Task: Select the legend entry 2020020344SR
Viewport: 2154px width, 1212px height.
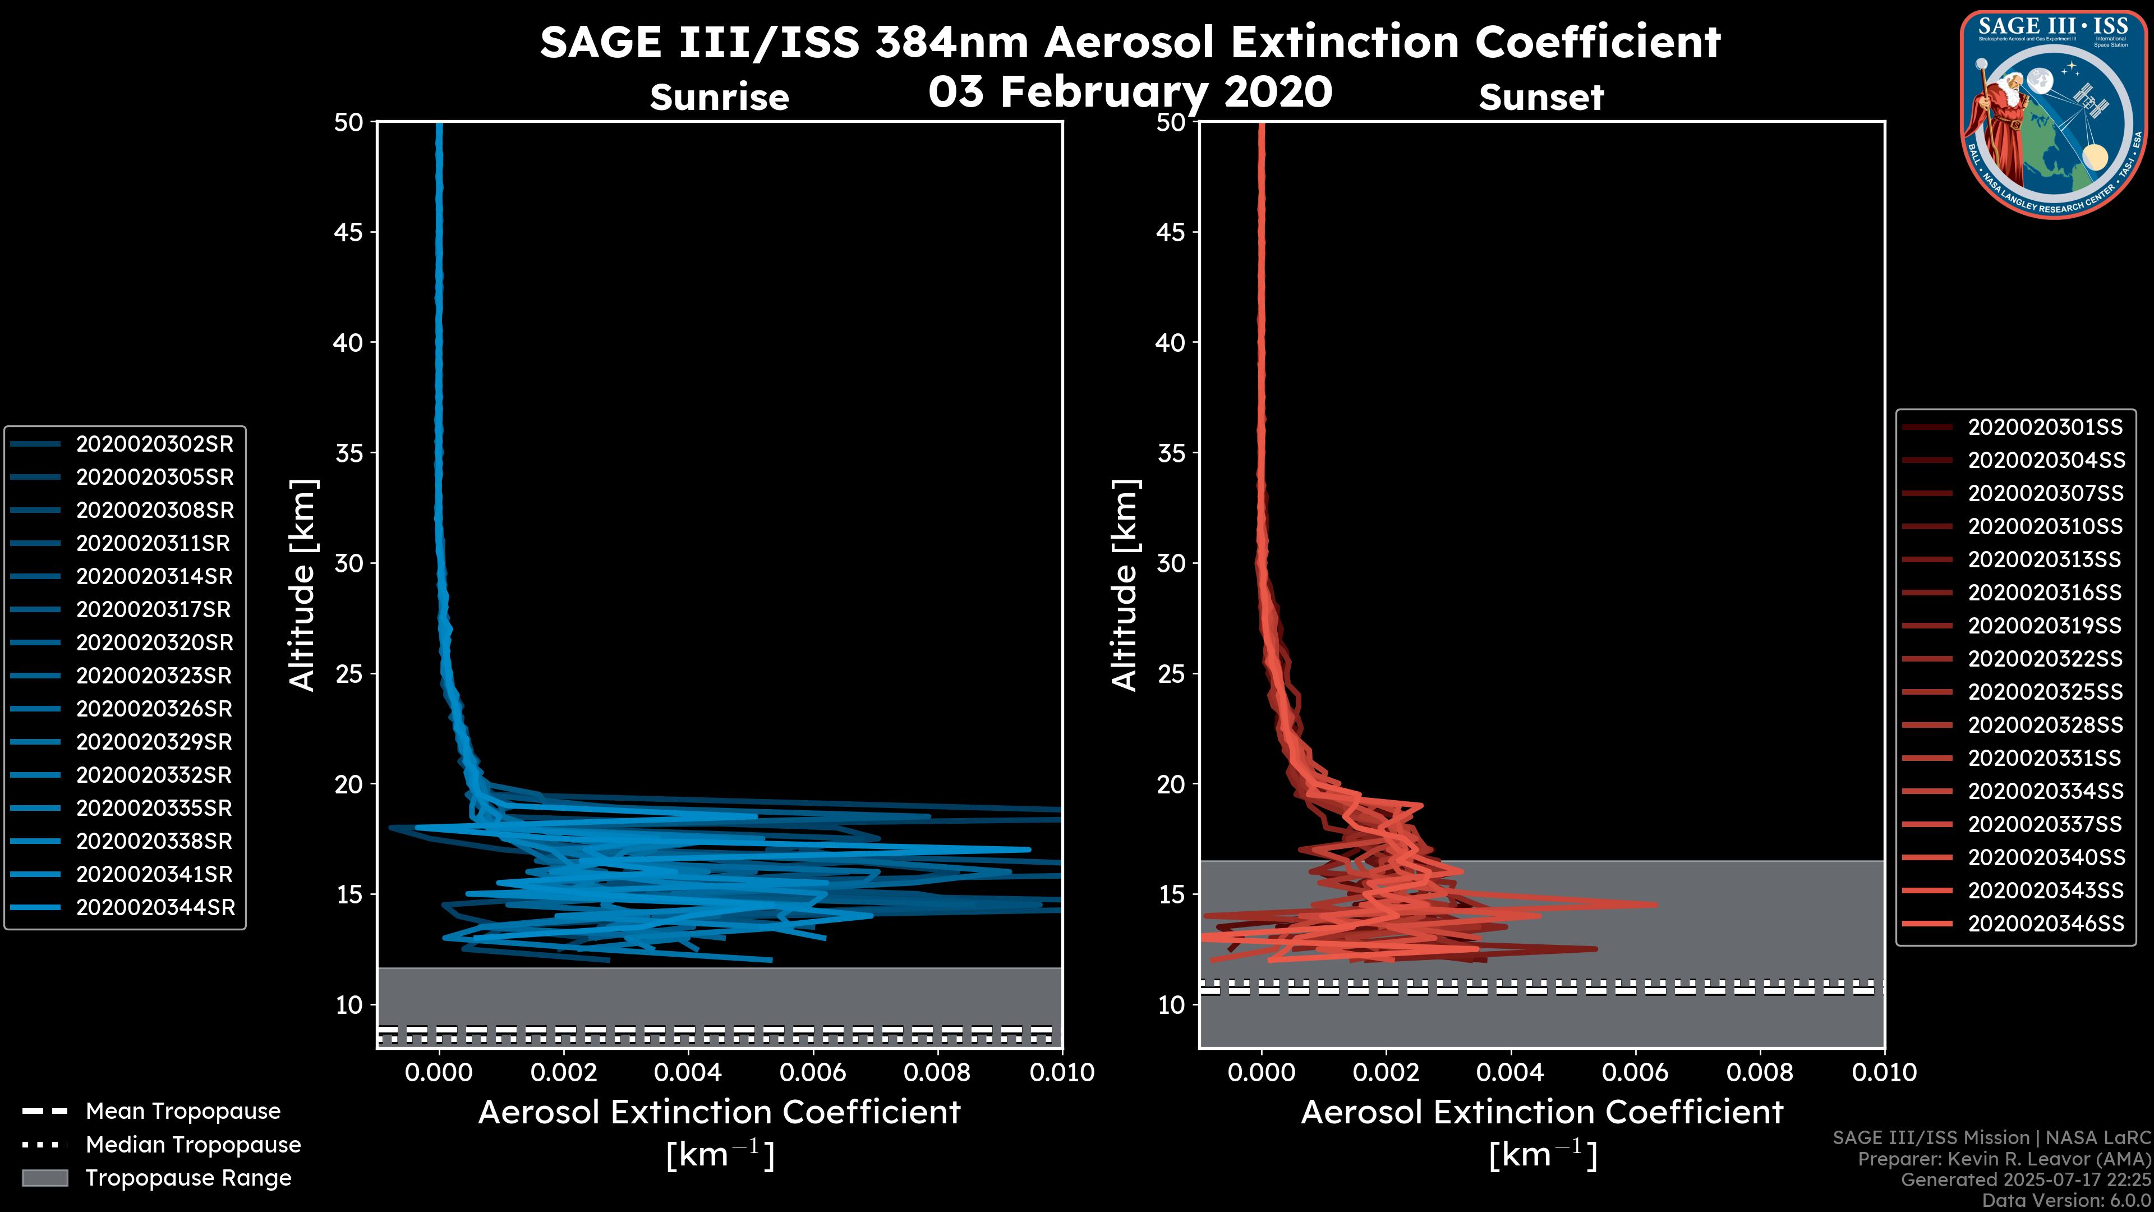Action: coord(155,907)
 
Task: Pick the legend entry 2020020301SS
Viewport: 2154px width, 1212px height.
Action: coord(2045,428)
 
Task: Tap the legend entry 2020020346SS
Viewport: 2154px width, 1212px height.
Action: coord(2045,924)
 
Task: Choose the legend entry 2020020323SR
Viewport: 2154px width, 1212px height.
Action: coord(154,676)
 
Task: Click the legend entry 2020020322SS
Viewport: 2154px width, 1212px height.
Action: coord(2045,659)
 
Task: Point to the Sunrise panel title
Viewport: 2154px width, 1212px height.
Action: coord(719,98)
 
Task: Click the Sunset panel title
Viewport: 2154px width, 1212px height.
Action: coord(1541,98)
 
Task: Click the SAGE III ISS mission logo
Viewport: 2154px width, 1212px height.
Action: coord(2051,114)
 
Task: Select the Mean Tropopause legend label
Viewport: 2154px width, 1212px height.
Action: coord(183,1112)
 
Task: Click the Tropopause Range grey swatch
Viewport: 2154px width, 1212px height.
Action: coord(45,1178)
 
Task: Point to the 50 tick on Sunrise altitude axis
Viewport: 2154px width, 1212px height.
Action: coord(349,123)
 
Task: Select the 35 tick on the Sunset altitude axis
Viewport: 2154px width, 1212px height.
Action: coord(1171,453)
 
